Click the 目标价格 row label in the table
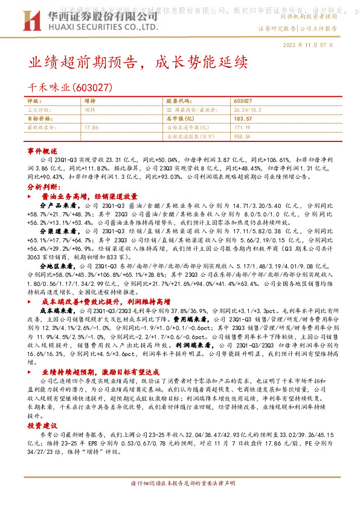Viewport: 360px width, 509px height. (40, 119)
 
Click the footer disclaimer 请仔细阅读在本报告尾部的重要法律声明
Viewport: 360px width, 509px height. (179, 485)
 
